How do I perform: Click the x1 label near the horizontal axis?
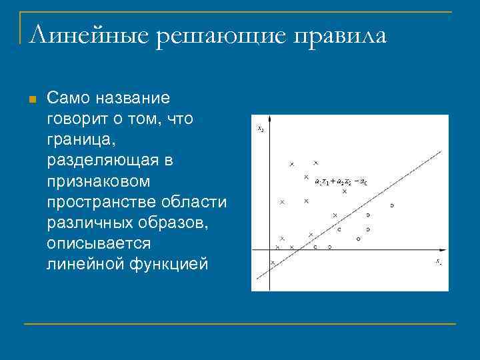tap(438, 261)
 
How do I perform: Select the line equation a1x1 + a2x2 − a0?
tap(341, 181)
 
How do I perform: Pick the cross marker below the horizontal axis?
tap(273, 263)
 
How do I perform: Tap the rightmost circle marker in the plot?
tap(392, 205)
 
